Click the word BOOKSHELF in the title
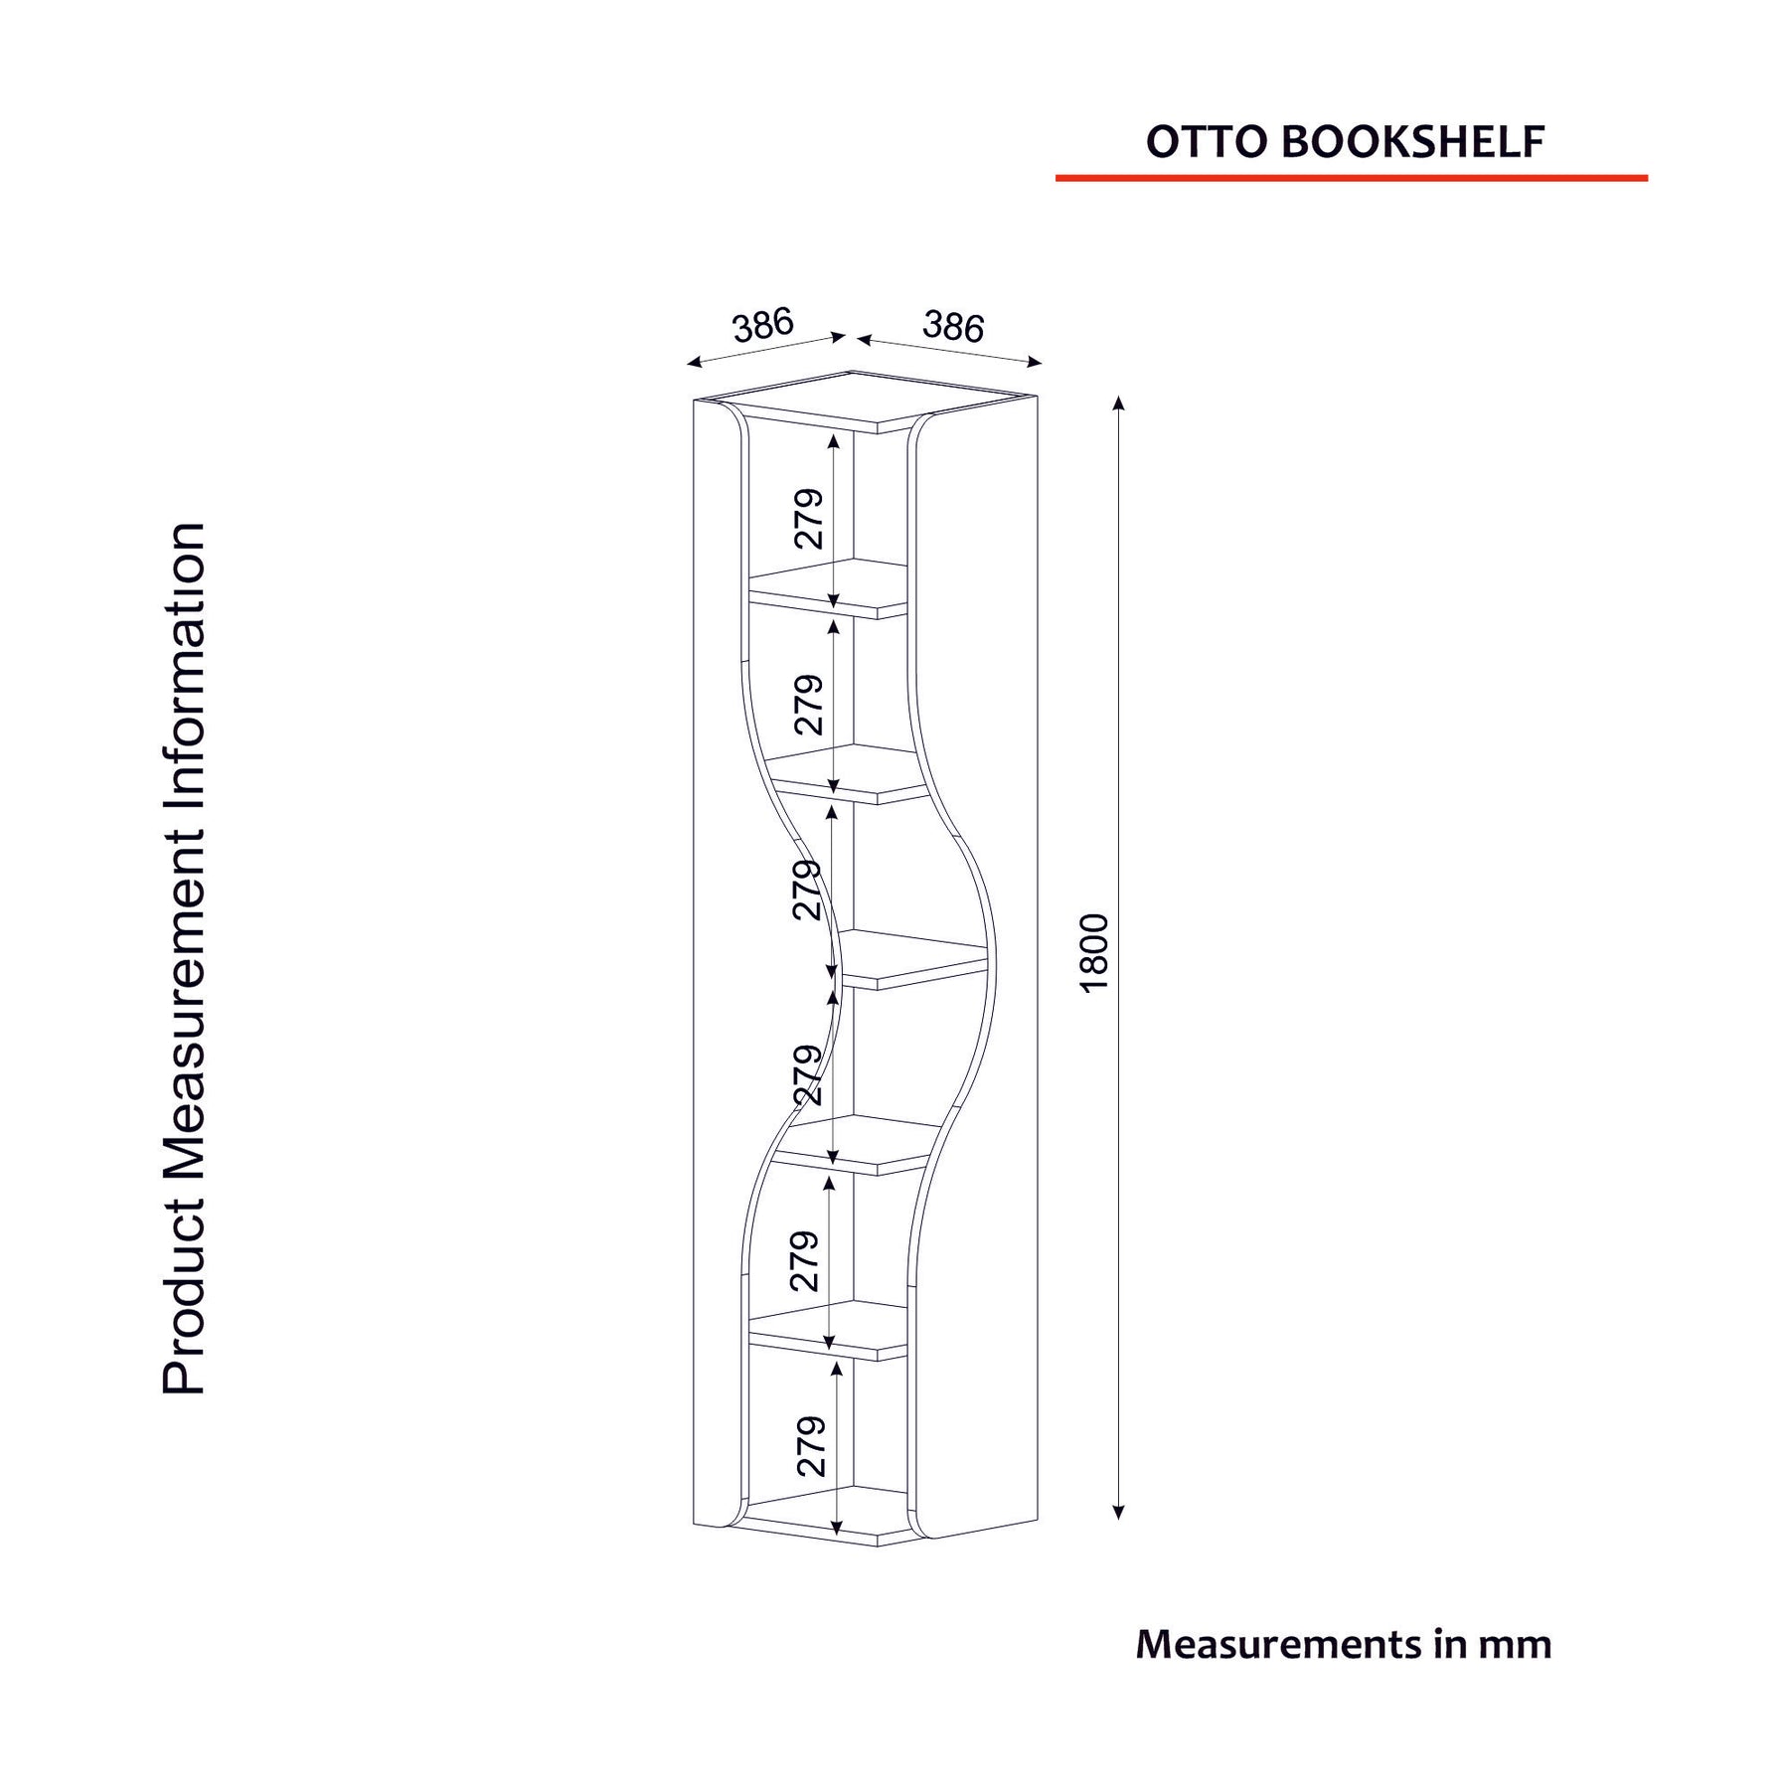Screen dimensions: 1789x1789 pyautogui.click(x=1413, y=142)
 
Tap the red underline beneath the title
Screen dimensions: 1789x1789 pyautogui.click(x=1352, y=178)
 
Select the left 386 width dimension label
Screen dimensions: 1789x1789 pyautogui.click(x=763, y=324)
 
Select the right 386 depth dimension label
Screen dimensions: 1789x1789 pyautogui.click(x=953, y=326)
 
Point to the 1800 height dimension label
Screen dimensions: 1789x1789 pyautogui.click(x=1093, y=952)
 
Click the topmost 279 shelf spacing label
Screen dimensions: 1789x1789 pyautogui.click(x=809, y=518)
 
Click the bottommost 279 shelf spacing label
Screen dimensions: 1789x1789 pyautogui.click(x=811, y=1445)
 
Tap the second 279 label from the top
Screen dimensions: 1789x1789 pyautogui.click(x=809, y=704)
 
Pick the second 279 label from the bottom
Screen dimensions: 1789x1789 pyautogui.click(x=804, y=1260)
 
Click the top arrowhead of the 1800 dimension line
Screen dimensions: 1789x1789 pyautogui.click(x=1118, y=403)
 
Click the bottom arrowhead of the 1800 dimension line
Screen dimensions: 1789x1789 pyautogui.click(x=1118, y=1513)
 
